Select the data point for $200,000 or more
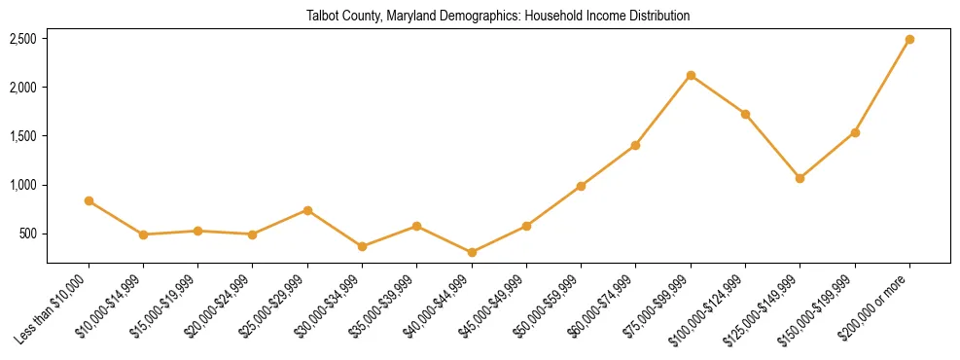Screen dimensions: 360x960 [x=909, y=40]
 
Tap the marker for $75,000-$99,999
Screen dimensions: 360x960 [x=691, y=75]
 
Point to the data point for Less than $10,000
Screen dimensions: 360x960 [x=89, y=200]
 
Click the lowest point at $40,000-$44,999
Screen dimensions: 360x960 [x=472, y=252]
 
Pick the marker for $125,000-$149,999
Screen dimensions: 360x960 [x=800, y=178]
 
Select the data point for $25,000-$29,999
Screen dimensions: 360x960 [x=307, y=210]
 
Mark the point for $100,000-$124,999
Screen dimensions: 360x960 [x=745, y=114]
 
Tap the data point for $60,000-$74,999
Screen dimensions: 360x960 [x=635, y=145]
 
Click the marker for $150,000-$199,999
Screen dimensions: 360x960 [x=855, y=132]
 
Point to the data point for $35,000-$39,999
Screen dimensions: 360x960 [x=416, y=226]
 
